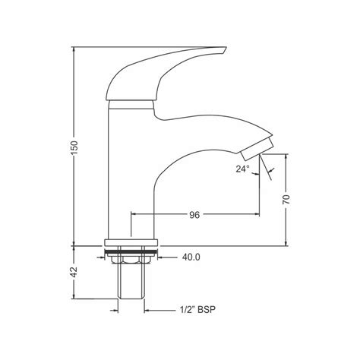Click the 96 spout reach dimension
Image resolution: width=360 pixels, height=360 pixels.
pyautogui.click(x=194, y=215)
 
